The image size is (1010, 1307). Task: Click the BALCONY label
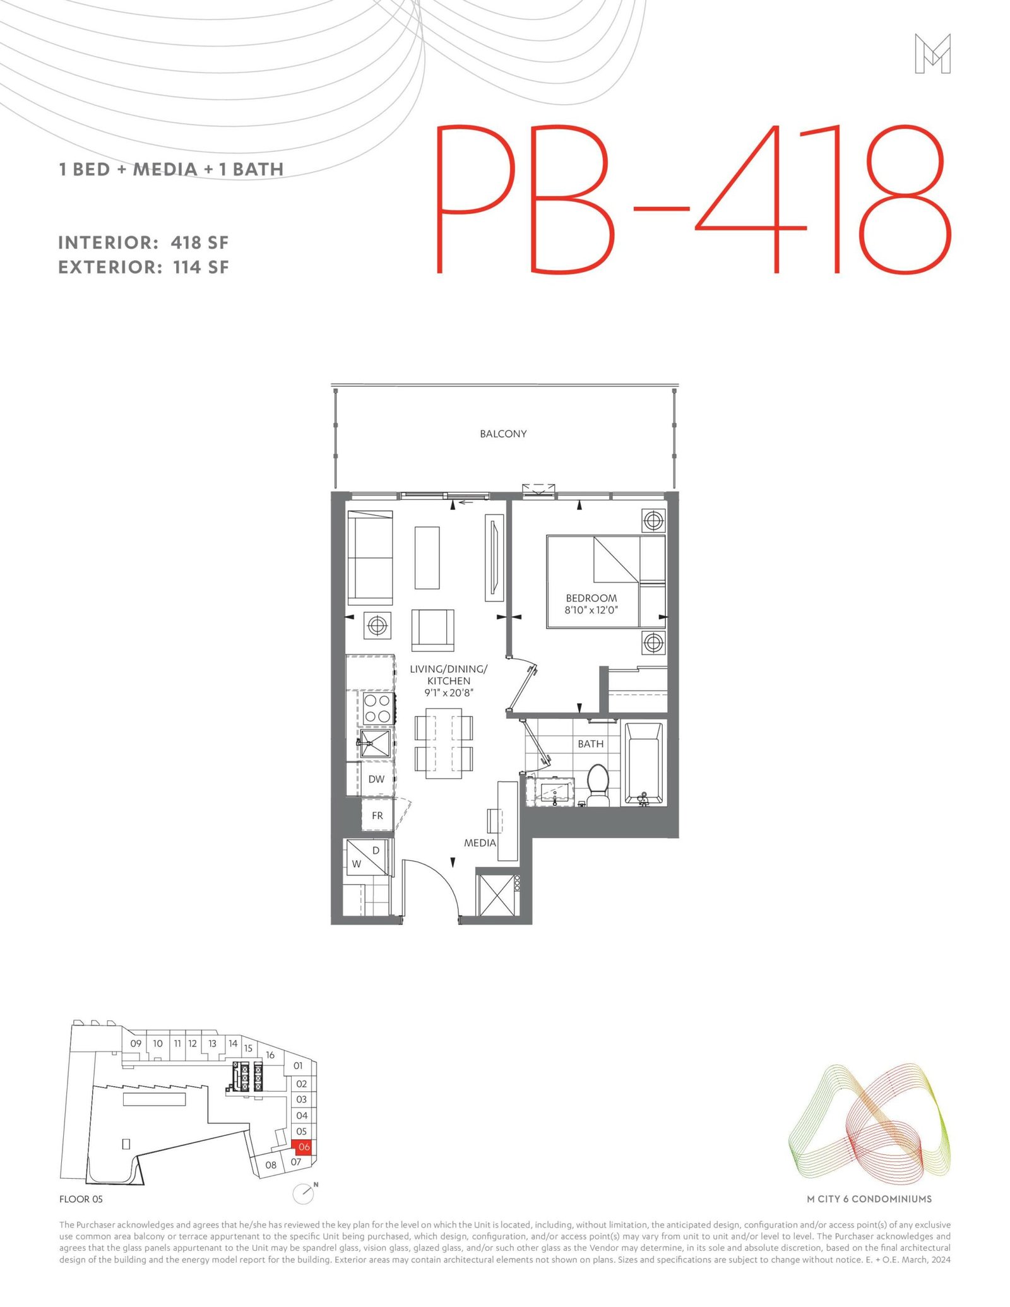503,434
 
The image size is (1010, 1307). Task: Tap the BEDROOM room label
591,598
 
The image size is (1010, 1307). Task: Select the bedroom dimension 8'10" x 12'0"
591,610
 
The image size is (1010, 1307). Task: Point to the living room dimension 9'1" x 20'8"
449,693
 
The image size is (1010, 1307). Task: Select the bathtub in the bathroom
644,764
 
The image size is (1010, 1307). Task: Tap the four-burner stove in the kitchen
377,708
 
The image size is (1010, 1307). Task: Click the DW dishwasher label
376,779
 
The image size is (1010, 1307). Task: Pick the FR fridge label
377,815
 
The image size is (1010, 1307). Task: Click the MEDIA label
480,843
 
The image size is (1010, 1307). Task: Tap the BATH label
590,744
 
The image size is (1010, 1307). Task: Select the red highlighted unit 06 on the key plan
304,1147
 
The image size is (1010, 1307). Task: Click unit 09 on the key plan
136,1043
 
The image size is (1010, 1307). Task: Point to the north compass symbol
304,1193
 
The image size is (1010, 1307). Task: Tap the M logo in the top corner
932,54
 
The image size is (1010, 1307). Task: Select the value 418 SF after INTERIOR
199,242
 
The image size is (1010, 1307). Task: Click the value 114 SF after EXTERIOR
201,267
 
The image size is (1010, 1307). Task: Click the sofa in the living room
370,558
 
